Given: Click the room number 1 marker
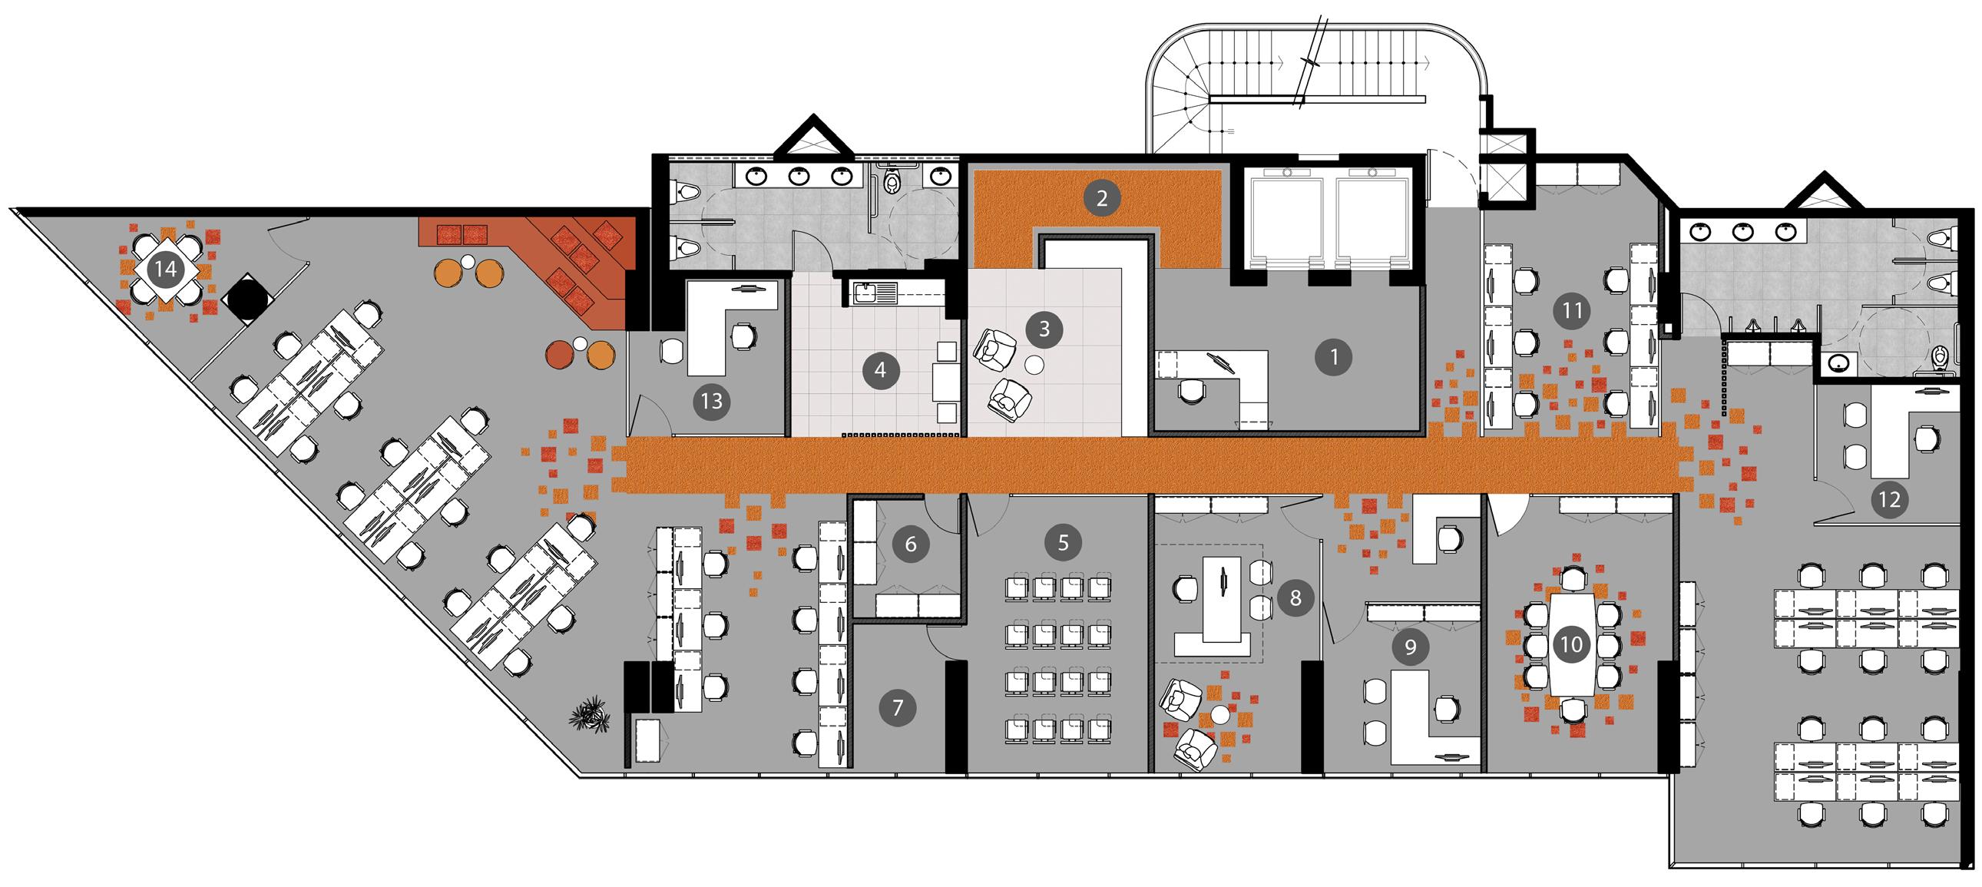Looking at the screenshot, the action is [1333, 357].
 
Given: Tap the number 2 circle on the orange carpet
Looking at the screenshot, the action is [1101, 197].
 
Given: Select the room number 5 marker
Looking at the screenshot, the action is [1063, 542].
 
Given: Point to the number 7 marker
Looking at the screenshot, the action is [897, 707].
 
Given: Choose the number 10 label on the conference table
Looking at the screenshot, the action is [1570, 644].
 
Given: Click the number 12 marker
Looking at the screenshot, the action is [1890, 499].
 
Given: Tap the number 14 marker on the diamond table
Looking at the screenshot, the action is [165, 269].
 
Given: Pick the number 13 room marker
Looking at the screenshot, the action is [712, 401].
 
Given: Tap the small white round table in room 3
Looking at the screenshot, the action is [1034, 366].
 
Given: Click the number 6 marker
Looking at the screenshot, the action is [910, 544].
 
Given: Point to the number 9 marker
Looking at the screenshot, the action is [1410, 646].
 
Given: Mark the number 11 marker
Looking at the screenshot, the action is [1572, 311].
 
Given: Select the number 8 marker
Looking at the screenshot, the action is [1295, 597].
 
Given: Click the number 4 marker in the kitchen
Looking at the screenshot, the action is [880, 371].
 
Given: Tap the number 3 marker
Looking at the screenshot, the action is [1044, 329].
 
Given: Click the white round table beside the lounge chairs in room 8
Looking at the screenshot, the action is [1219, 716].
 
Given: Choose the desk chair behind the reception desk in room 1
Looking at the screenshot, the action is [1191, 392].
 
